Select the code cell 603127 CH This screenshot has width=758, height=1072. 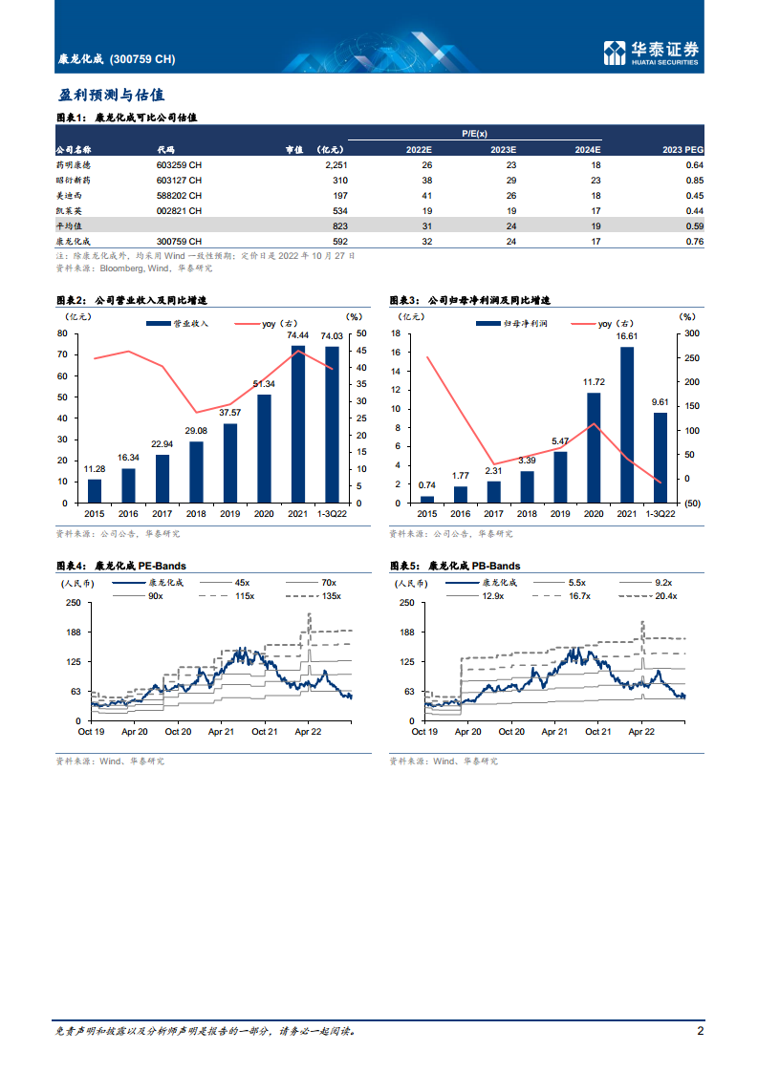point(179,180)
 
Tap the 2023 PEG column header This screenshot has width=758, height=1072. point(682,149)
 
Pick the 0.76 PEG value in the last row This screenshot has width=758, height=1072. point(695,242)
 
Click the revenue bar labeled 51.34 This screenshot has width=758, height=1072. point(264,448)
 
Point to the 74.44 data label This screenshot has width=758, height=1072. point(298,335)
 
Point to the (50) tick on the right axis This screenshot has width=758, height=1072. point(692,504)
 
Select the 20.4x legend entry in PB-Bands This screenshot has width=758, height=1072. point(652,596)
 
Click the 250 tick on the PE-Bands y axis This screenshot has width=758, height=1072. point(74,603)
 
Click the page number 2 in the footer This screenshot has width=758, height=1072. point(701,1031)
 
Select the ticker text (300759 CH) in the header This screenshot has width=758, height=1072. point(142,59)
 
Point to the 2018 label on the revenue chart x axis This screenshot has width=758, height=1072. point(196,514)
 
